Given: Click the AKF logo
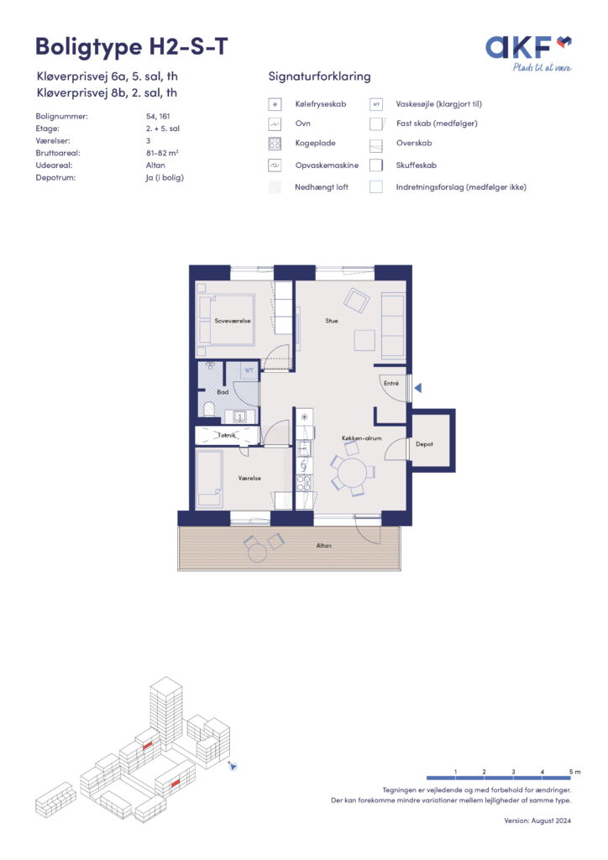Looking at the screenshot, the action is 528,53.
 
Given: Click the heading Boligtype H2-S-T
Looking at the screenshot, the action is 132,47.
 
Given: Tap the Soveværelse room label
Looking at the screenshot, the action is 233,321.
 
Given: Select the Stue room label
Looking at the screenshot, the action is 332,321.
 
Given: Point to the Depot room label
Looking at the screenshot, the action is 424,444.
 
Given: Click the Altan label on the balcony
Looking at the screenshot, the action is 323,546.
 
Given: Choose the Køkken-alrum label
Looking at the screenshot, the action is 361,438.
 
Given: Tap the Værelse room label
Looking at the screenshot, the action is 249,478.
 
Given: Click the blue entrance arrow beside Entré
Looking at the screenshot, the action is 417,388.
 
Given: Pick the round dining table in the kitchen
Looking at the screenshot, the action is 351,474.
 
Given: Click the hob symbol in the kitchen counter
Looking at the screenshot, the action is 304,483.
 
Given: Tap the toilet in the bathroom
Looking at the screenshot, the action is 208,409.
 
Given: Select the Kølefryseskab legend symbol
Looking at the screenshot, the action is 275,104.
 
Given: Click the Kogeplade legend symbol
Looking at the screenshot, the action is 275,144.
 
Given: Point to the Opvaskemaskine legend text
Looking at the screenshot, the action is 327,165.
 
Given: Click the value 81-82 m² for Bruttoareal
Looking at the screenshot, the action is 162,153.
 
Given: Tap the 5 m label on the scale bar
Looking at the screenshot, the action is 574,772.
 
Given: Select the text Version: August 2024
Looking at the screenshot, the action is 537,821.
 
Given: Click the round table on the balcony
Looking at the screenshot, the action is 257,553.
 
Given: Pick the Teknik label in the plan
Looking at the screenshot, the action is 227,436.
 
